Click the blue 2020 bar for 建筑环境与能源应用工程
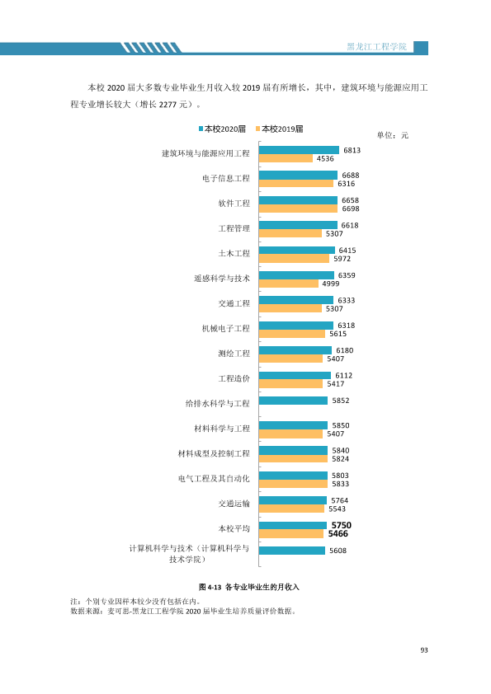tap(299, 150)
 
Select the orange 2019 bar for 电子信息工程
tap(296, 183)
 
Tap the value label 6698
tap(351, 209)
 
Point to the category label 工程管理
tap(234, 228)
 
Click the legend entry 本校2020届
tap(222, 129)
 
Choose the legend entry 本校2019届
tap(280, 129)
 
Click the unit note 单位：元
tap(393, 135)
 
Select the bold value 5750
tap(341, 525)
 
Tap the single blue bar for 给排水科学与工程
tap(293, 401)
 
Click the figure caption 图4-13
tap(210, 587)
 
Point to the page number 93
tap(424, 650)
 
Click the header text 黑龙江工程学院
tap(376, 46)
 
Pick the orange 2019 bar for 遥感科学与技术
tap(289, 284)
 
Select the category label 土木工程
tap(234, 253)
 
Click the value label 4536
tap(325, 158)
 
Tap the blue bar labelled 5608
tap(292, 551)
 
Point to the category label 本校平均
tap(234, 528)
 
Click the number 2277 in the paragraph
tap(167, 105)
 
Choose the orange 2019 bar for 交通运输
tap(291, 509)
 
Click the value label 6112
tap(344, 375)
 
